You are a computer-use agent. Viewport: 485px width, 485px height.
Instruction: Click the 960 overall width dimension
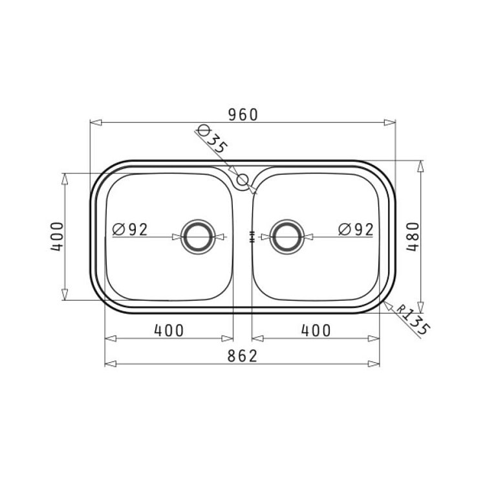click(x=242, y=114)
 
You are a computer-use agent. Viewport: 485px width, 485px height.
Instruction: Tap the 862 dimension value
click(x=242, y=356)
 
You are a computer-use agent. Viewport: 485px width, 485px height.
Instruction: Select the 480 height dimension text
click(x=413, y=237)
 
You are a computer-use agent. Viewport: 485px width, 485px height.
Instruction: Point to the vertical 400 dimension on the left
click(x=57, y=237)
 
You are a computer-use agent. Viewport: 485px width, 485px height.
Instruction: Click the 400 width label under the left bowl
click(x=169, y=330)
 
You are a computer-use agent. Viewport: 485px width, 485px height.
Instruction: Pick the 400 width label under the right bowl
click(x=316, y=330)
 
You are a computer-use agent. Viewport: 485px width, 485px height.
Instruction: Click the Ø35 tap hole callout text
click(x=212, y=139)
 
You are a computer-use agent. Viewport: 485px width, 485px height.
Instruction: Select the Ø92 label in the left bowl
click(x=130, y=230)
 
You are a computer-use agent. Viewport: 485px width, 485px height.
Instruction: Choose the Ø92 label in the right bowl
click(x=356, y=230)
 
